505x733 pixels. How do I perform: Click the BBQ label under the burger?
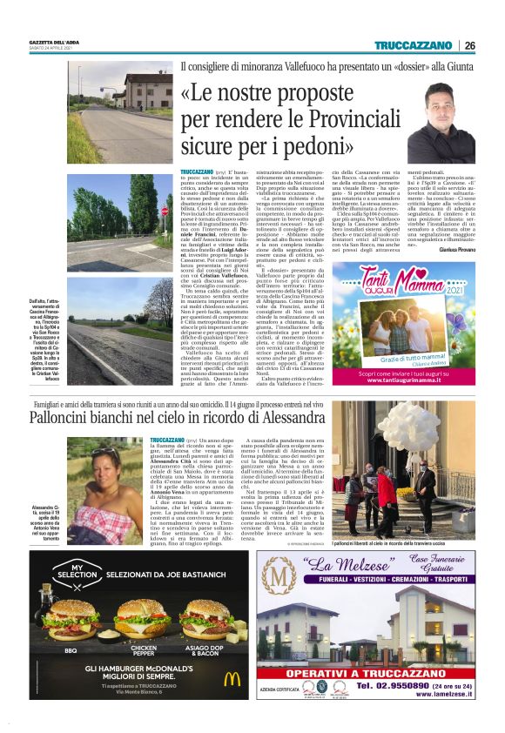coord(71,649)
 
